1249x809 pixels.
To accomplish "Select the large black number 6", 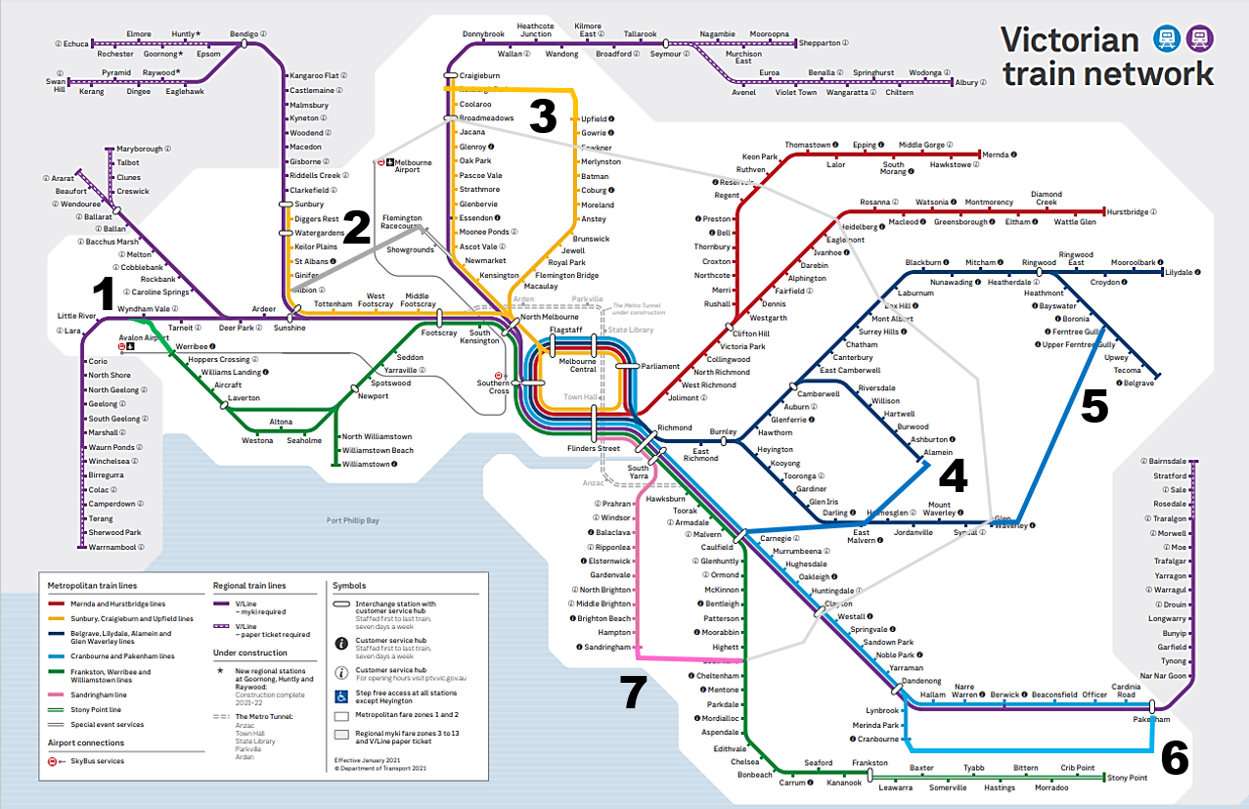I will (x=1174, y=758).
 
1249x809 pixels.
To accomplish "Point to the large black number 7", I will (x=633, y=693).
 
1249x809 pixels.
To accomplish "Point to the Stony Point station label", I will (x=1127, y=778).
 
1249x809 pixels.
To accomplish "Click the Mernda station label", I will (x=996, y=155).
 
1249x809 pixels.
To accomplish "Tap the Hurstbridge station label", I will (x=1128, y=211).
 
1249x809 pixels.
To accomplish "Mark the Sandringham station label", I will (x=607, y=648).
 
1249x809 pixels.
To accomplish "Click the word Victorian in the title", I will (x=1070, y=40).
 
